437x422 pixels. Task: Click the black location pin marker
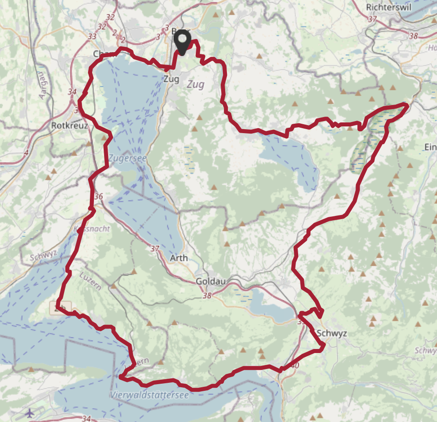tap(183, 43)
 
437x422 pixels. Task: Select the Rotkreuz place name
tap(69, 126)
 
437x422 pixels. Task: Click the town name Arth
tap(179, 258)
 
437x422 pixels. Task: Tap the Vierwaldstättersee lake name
tap(149, 395)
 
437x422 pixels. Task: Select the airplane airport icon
tap(30, 413)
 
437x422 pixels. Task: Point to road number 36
tap(99, 196)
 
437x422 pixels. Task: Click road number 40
tap(296, 365)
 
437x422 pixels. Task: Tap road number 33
tap(93, 37)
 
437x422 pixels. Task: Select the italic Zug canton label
tap(196, 85)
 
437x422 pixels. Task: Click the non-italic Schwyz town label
tap(332, 333)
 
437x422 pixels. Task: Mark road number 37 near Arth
tap(155, 248)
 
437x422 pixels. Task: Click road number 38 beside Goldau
tap(207, 295)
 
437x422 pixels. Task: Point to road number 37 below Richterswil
tap(372, 19)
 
